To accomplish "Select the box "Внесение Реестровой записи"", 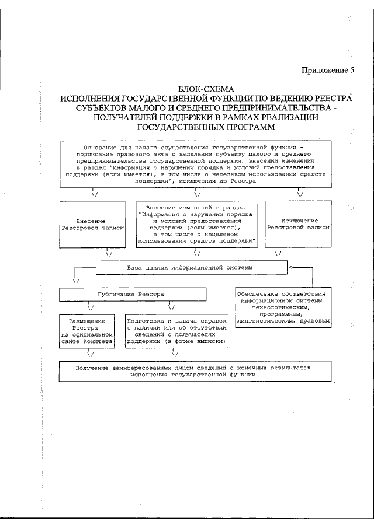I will (x=92, y=225).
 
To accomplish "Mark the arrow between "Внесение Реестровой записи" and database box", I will (x=109, y=254).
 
